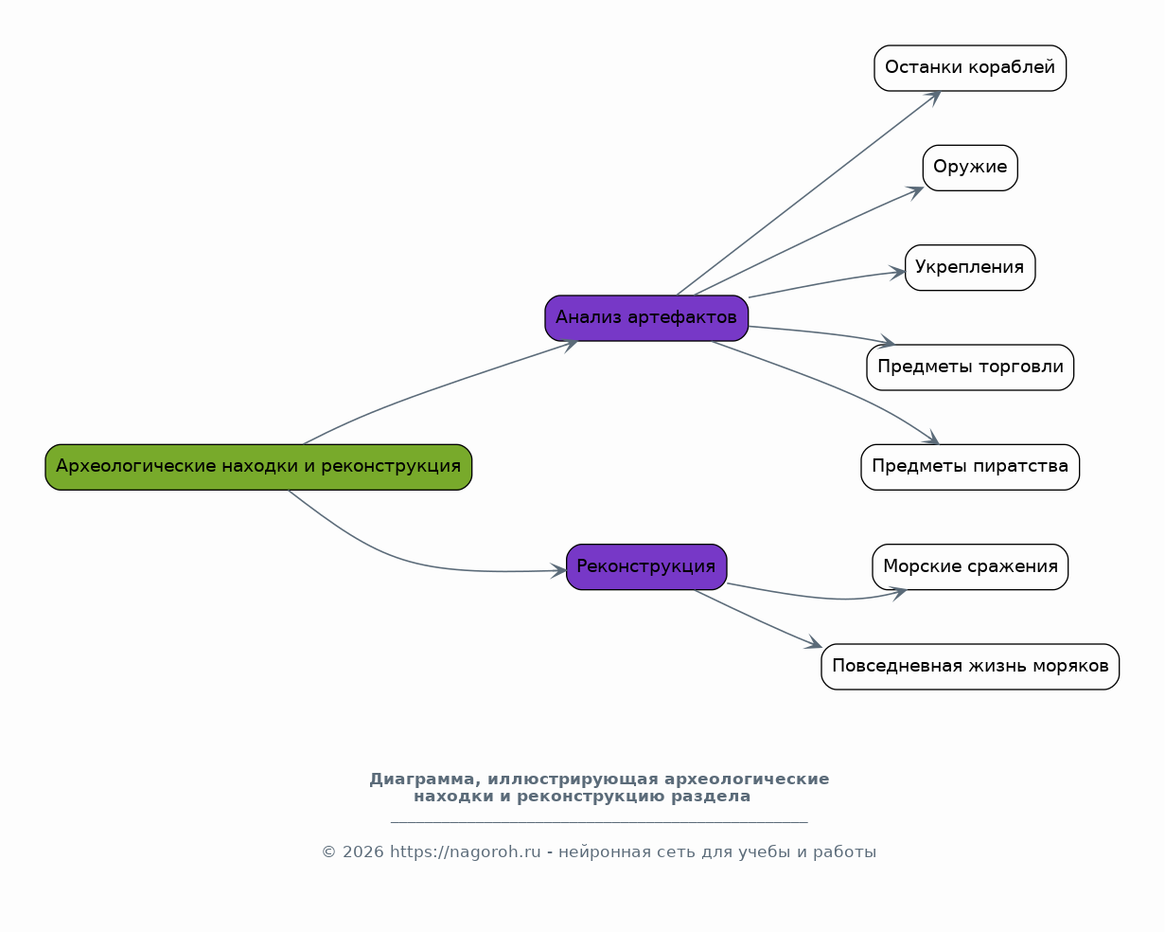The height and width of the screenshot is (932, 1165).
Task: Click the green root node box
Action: tap(258, 467)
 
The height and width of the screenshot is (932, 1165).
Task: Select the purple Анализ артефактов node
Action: tap(646, 318)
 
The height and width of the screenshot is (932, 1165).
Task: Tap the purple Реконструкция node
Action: tap(646, 566)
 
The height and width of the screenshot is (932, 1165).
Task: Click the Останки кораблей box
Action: tap(970, 68)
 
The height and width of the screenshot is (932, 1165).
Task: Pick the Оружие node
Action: tap(970, 168)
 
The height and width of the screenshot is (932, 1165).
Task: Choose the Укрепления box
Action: tap(970, 268)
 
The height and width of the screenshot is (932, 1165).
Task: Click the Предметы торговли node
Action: tap(970, 367)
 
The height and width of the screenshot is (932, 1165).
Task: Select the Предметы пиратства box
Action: tap(970, 467)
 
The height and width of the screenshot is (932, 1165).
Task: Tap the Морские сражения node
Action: tap(970, 566)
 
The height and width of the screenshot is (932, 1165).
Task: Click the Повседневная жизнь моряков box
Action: tap(970, 667)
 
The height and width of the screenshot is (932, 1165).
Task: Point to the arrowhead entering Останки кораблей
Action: tap(934, 98)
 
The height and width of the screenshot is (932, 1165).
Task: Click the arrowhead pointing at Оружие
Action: tap(916, 192)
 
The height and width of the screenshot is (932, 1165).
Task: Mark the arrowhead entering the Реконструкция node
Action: tap(558, 570)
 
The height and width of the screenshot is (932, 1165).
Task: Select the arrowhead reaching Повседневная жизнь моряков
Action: tap(814, 642)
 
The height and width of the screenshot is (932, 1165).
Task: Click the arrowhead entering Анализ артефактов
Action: tap(570, 345)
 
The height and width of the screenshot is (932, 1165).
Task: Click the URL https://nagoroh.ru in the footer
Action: tap(465, 851)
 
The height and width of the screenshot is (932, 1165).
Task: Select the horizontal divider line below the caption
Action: tap(599, 822)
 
